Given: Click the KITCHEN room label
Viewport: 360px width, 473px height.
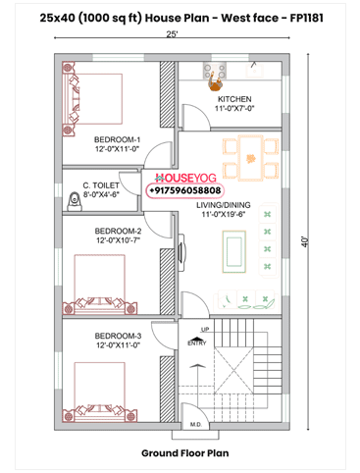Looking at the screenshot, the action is (234, 99).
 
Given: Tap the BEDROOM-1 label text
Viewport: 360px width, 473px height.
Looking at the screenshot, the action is (117, 139).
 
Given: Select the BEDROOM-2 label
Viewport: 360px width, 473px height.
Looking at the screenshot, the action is (118, 232).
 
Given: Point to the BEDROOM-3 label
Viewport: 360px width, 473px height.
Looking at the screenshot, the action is (118, 336).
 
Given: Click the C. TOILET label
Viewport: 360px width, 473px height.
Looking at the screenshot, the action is (101, 185).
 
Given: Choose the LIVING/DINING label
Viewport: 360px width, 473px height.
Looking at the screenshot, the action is (224, 205).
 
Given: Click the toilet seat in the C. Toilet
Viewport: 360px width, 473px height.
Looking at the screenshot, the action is (75, 202).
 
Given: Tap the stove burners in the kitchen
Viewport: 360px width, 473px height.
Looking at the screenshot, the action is (215, 72).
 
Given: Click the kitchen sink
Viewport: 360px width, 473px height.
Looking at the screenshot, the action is (254, 70).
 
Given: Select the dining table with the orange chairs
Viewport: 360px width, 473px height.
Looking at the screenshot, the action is (251, 158).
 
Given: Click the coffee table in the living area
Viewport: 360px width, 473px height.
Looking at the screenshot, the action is (234, 251).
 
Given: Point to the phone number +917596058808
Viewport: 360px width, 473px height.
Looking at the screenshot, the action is (185, 190).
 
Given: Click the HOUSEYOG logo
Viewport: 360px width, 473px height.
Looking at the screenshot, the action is (185, 178).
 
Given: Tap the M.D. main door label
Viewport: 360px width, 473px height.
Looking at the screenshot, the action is (196, 425).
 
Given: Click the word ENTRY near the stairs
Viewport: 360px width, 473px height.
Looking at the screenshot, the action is (197, 343).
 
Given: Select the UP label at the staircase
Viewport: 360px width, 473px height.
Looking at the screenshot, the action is (205, 330).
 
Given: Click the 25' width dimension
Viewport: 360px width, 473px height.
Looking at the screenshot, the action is (172, 34).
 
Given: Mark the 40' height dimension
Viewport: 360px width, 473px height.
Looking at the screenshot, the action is (305, 241).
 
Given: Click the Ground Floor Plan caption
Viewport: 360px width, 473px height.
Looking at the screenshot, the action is (185, 453).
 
